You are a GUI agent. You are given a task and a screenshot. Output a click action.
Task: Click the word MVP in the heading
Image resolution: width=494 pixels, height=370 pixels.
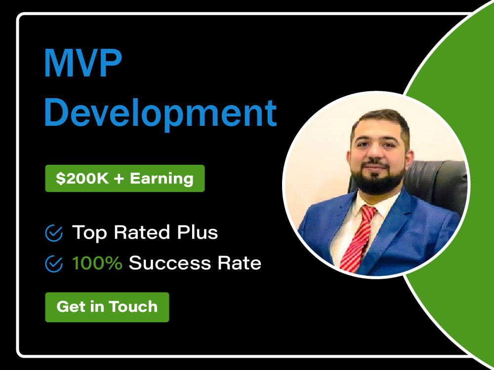click(83, 64)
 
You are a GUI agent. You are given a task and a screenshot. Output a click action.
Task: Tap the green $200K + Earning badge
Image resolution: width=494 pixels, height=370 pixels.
click(124, 178)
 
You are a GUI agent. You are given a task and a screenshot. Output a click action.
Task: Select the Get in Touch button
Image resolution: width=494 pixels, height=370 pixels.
click(107, 307)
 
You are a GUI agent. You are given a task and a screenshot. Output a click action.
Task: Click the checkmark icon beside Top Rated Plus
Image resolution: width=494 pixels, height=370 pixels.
click(53, 233)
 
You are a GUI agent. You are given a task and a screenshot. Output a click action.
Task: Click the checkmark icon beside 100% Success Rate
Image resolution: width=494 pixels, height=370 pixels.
click(53, 264)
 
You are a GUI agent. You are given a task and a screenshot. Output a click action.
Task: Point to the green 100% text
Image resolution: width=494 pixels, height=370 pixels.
click(97, 263)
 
